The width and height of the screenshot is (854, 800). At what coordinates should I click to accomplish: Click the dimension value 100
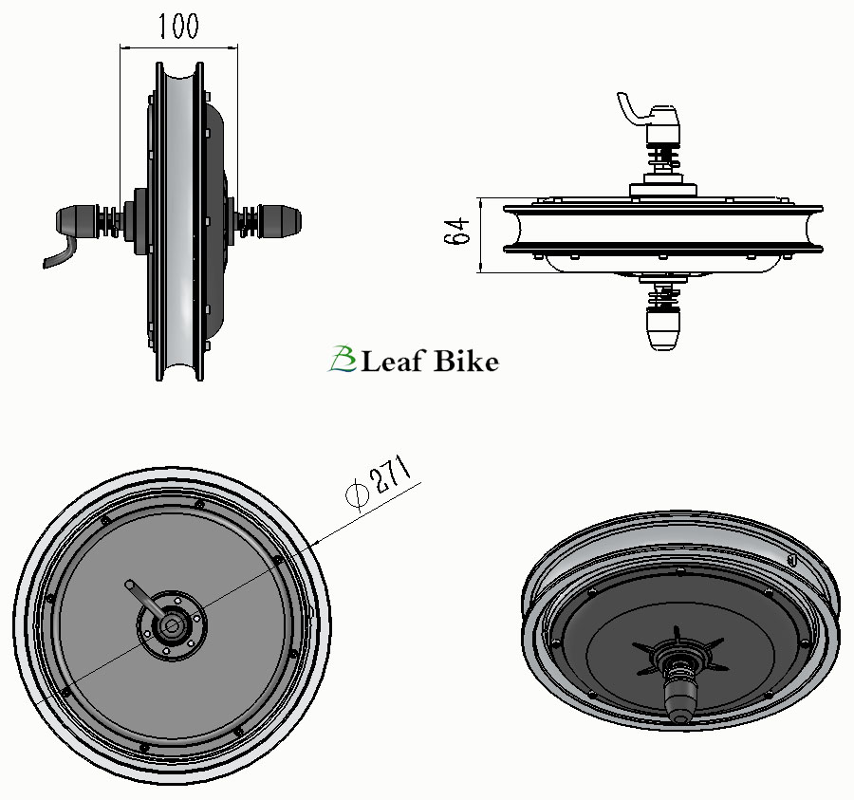tap(178, 27)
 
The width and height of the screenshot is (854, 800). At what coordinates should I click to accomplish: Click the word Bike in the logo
tap(465, 361)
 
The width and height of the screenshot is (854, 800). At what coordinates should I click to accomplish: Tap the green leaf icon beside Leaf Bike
tap(342, 359)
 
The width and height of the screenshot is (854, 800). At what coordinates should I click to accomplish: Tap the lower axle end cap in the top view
tap(663, 328)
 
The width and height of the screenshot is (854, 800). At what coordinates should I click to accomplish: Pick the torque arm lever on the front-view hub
tap(142, 598)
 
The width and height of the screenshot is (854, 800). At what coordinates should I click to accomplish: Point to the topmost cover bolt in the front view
tap(198, 503)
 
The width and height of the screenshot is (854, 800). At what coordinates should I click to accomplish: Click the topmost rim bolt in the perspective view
tap(679, 571)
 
